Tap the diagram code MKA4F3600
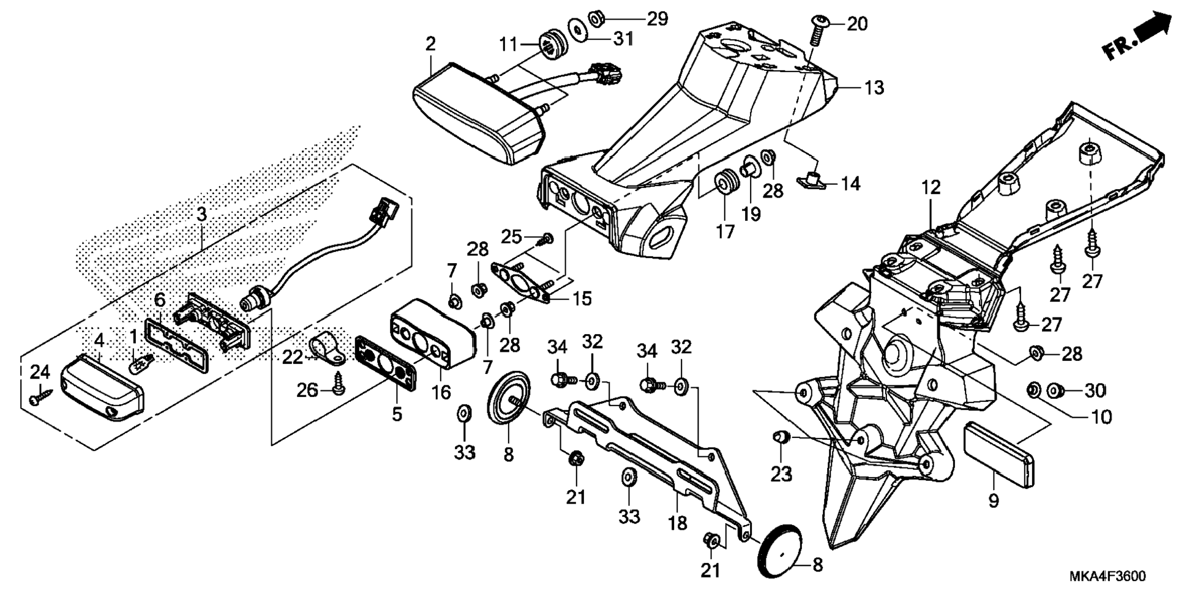pyautogui.click(x=1107, y=576)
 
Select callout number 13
pyautogui.click(x=874, y=88)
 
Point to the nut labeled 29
pyautogui.click(x=597, y=18)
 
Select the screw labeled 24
pyautogui.click(x=36, y=398)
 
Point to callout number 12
pyautogui.click(x=931, y=187)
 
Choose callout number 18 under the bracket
pyautogui.click(x=678, y=524)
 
